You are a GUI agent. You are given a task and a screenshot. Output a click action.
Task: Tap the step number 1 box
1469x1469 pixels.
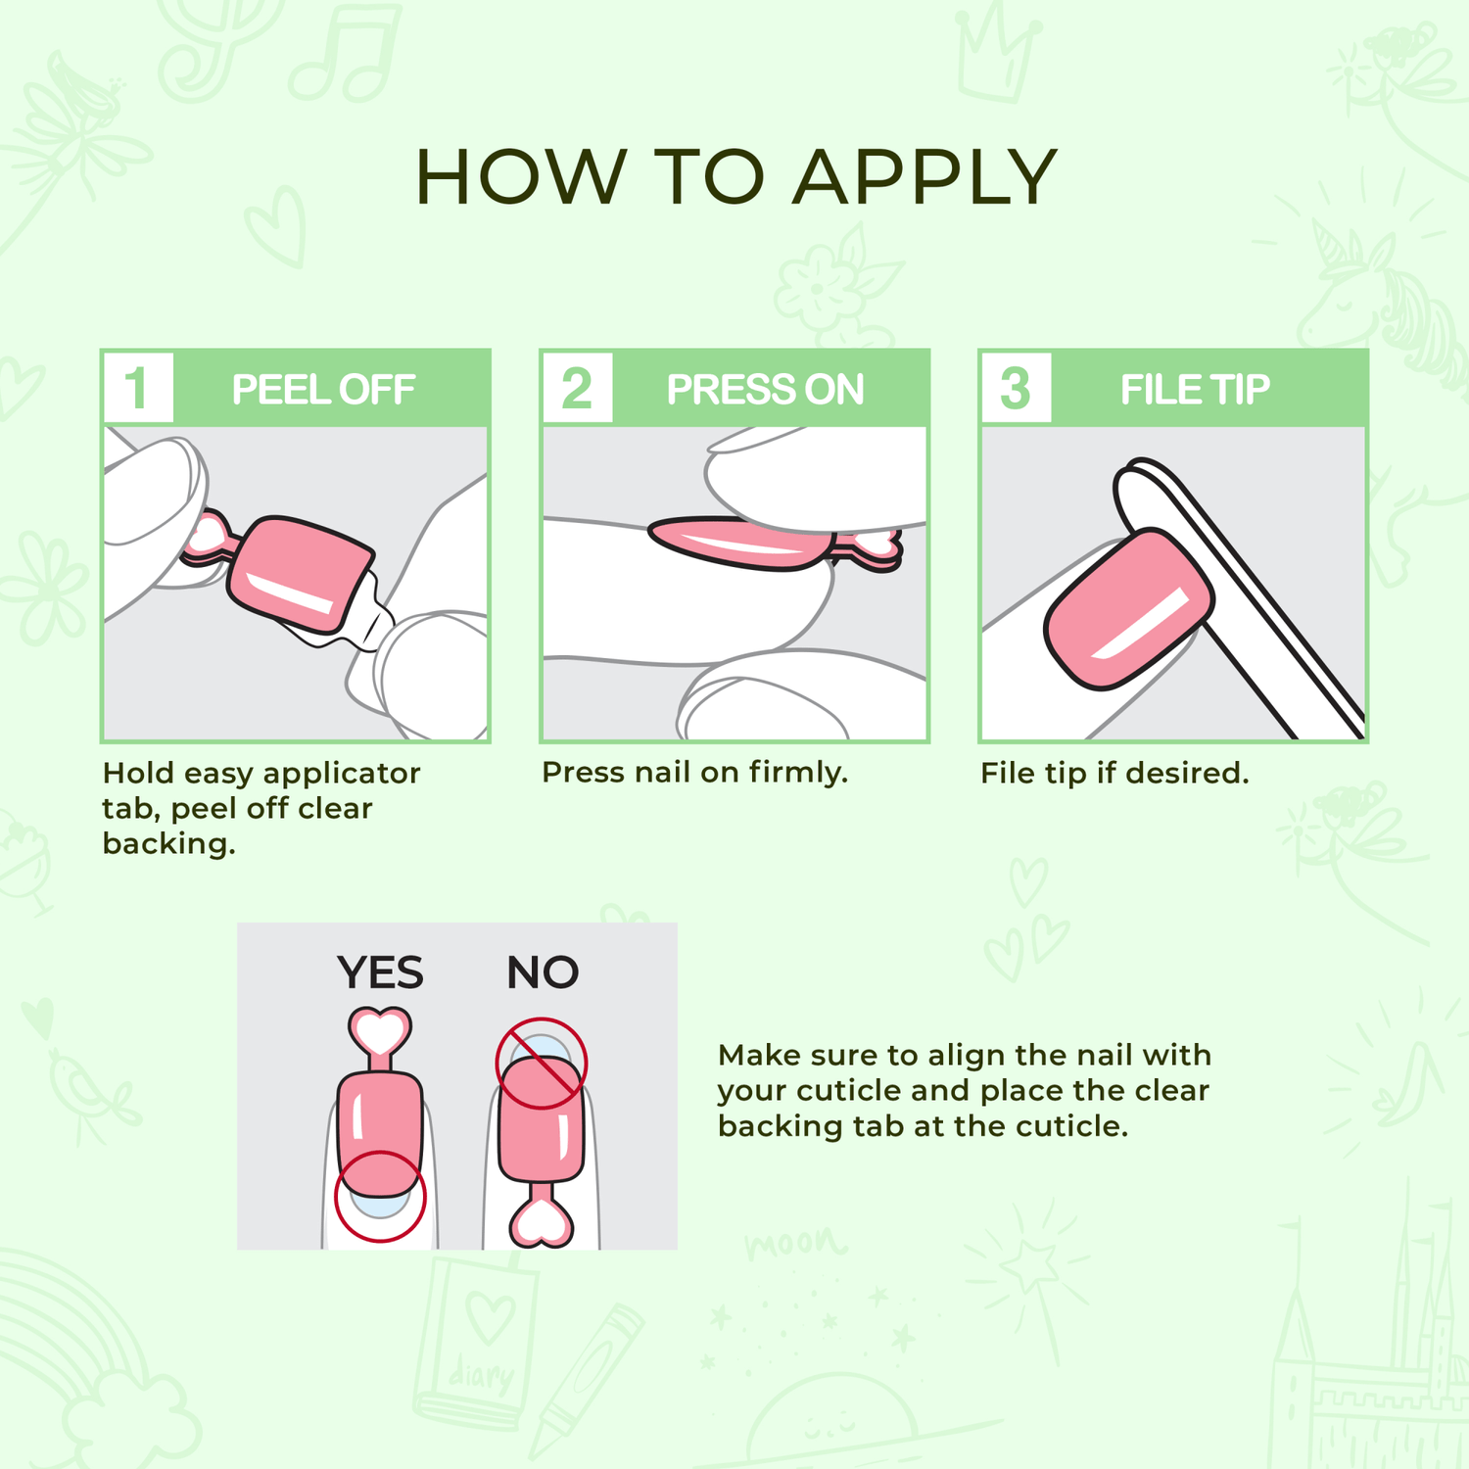click(x=138, y=388)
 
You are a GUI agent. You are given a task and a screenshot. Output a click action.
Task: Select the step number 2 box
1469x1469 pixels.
click(x=577, y=388)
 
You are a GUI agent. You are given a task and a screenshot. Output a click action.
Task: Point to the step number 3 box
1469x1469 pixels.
click(x=1016, y=388)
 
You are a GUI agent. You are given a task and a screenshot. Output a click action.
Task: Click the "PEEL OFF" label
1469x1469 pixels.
click(x=323, y=390)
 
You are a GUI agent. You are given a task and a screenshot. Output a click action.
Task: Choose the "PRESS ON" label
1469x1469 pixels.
click(x=765, y=390)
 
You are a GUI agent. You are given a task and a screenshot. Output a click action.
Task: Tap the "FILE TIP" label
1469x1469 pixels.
click(x=1195, y=390)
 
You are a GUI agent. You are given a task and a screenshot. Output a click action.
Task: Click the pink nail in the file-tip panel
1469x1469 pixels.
click(x=1126, y=610)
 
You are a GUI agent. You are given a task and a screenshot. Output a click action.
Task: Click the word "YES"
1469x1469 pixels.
click(x=380, y=972)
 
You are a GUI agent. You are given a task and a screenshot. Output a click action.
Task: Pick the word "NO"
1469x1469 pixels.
click(x=543, y=972)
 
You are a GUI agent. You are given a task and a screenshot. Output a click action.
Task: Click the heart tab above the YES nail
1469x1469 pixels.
click(x=379, y=1032)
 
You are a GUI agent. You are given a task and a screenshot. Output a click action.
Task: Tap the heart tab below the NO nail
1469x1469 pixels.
click(x=542, y=1221)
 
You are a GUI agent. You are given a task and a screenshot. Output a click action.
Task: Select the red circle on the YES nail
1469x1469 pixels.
click(x=380, y=1197)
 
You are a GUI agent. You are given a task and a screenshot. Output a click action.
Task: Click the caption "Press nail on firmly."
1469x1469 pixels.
click(x=694, y=773)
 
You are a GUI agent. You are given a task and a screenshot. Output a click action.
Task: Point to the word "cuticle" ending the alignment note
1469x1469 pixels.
click(x=1068, y=1126)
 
